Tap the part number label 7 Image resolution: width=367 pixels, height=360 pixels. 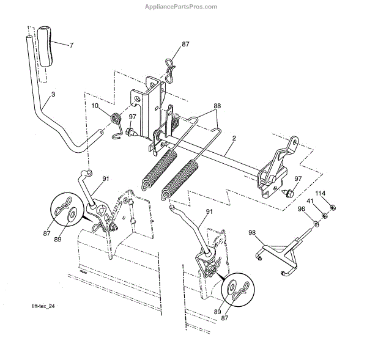71,46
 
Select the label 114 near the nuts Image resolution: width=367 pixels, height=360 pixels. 320,193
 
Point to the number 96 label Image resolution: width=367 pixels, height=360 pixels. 301,210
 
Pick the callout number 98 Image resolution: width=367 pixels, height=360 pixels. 252,232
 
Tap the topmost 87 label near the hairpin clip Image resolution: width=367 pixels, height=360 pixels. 186,45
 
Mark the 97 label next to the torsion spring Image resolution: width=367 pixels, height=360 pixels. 132,117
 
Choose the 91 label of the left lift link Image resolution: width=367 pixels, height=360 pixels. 106,178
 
